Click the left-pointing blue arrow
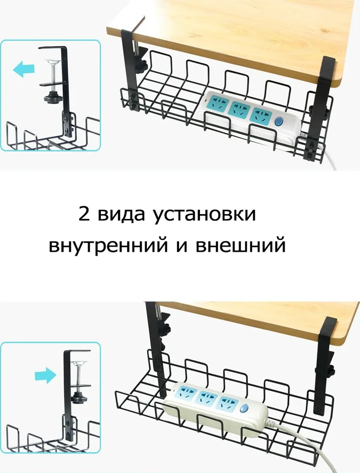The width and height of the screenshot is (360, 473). [24, 69]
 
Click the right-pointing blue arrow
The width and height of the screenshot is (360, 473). [46, 375]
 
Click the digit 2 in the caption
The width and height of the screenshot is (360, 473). [84, 214]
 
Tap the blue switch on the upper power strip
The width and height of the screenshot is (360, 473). [279, 122]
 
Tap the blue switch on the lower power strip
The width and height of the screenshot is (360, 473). [244, 408]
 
